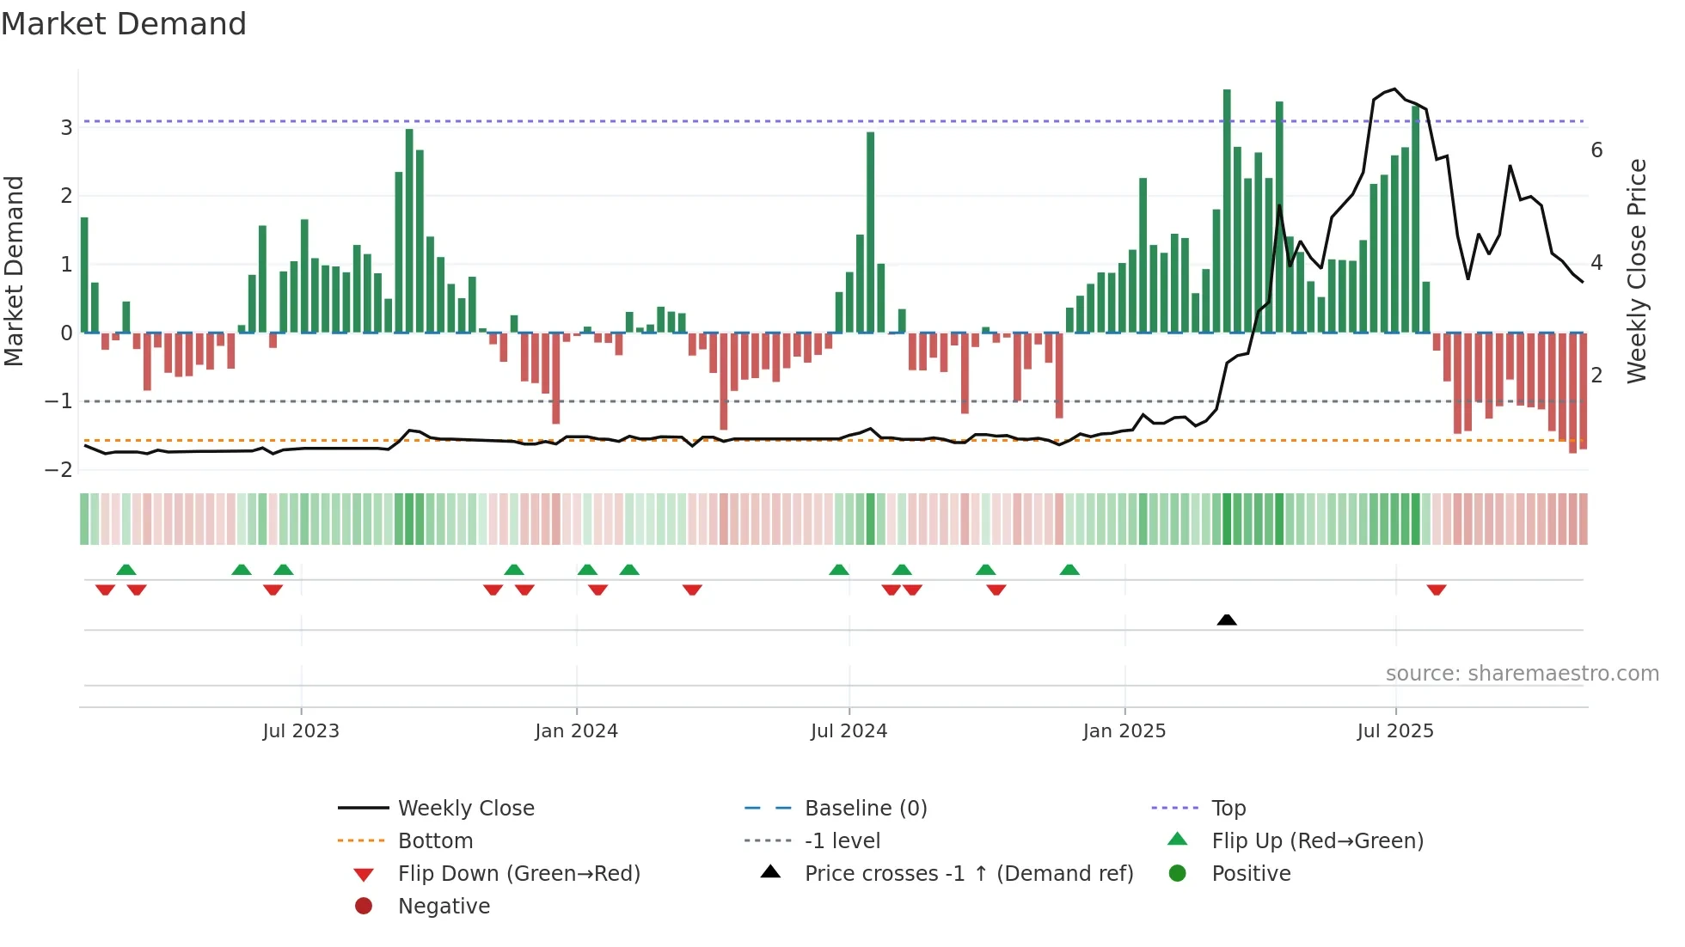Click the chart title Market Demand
tap(124, 24)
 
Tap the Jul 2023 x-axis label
tap(301, 731)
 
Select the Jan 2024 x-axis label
tap(576, 731)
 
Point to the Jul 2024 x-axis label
tap(849, 731)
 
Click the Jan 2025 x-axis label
tap(1124, 731)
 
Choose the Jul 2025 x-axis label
tap(1395, 731)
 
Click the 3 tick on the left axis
tap(66, 128)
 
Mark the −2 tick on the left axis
tap(59, 470)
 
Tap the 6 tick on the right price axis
tap(1596, 150)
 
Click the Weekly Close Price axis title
tap(1637, 271)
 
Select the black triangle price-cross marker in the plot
tap(1227, 620)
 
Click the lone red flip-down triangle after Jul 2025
tap(1437, 590)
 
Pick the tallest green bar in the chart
tap(1227, 211)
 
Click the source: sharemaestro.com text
tap(1522, 674)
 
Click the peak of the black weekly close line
tap(1394, 89)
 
